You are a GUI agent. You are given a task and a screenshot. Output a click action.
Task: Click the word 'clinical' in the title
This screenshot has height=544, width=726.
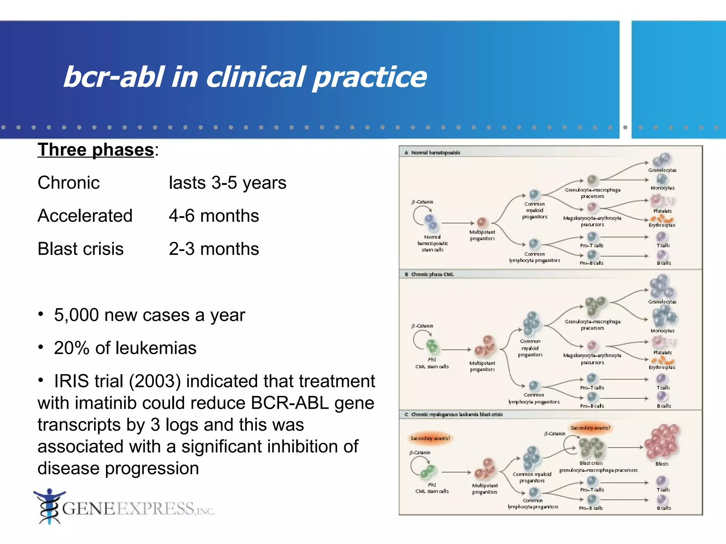(255, 77)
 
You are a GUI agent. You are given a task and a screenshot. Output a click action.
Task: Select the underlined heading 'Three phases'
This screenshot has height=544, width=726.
(96, 149)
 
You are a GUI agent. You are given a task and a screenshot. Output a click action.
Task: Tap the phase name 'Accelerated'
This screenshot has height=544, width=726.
(85, 215)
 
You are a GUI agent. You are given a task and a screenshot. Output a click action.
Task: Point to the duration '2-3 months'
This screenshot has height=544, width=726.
(214, 249)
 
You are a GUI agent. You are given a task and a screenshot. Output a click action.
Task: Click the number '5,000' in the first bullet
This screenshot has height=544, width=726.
(77, 315)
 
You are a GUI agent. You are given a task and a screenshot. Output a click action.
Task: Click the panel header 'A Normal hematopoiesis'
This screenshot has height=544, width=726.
(432, 153)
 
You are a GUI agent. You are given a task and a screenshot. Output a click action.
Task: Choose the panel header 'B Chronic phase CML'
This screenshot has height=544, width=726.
(429, 274)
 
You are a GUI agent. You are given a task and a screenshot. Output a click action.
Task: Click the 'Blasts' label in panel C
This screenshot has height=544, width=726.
(662, 464)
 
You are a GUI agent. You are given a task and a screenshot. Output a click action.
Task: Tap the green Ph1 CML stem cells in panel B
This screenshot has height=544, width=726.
(432, 346)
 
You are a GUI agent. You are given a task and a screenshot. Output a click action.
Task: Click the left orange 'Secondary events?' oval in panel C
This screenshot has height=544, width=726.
(430, 438)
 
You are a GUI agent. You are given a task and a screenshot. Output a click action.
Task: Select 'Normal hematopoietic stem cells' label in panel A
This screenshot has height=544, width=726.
(432, 243)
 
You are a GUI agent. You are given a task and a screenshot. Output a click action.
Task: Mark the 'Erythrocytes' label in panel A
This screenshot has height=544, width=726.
(662, 225)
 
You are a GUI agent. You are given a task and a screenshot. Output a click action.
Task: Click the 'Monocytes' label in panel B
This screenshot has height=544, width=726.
(662, 331)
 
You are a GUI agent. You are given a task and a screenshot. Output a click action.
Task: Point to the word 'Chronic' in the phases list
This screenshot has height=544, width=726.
(69, 183)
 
